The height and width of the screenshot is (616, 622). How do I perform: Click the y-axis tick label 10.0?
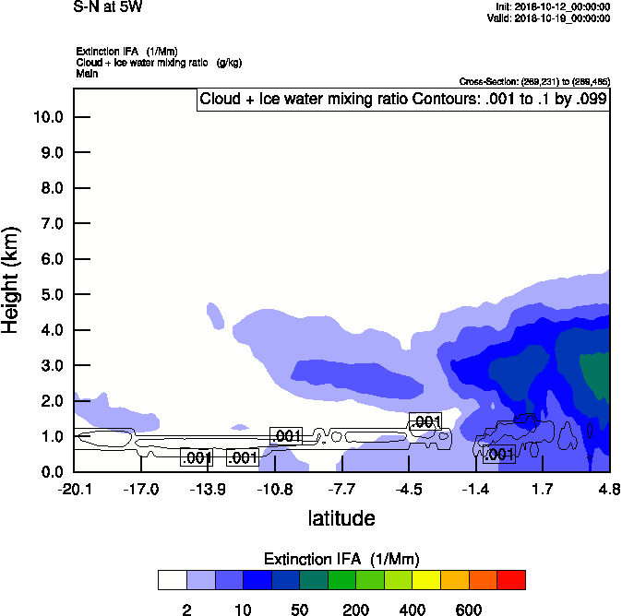coord(48,117)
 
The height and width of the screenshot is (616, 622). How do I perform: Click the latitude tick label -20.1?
coord(74,490)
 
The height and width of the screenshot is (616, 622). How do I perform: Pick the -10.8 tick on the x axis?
coord(274,490)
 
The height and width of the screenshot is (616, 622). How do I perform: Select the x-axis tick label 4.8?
coord(608,490)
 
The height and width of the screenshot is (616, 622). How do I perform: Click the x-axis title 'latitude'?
coord(341,518)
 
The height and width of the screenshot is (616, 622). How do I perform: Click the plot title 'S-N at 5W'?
coord(108,7)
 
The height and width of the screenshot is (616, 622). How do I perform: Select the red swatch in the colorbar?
coord(511,579)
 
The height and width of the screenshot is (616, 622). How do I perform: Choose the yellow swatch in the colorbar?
coord(426,579)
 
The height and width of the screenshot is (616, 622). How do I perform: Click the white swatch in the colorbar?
coord(172,579)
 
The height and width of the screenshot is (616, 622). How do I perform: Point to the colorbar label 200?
coord(356,610)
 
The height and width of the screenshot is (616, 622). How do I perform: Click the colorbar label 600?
coord(469,610)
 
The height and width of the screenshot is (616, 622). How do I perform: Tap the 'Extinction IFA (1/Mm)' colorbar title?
coord(341,559)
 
